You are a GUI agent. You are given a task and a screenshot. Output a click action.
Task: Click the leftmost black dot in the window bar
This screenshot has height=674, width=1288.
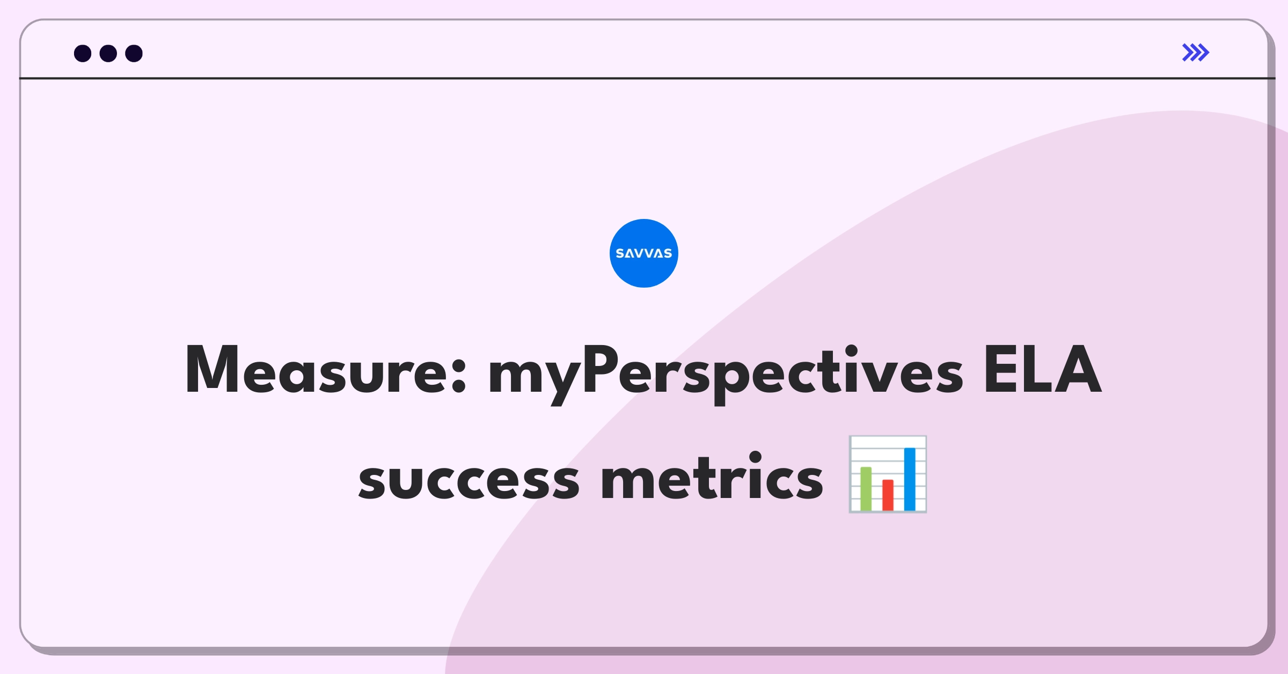point(83,53)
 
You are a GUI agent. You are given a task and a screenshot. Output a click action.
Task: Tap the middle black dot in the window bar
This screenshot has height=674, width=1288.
point(108,53)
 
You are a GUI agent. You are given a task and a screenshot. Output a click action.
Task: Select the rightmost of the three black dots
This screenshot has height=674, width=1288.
point(134,53)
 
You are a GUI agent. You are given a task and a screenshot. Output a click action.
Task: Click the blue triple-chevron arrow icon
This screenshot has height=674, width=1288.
point(1196,53)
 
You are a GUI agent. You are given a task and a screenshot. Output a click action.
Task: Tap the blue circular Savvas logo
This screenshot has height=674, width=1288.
point(644,253)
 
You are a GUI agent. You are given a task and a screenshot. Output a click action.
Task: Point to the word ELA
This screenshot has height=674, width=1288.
point(1042,369)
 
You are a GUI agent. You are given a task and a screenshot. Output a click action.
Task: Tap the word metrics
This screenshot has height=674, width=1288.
point(712,475)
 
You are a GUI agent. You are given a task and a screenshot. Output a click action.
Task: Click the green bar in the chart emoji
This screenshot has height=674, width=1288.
point(866,489)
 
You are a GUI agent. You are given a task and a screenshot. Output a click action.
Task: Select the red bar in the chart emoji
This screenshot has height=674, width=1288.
point(888,495)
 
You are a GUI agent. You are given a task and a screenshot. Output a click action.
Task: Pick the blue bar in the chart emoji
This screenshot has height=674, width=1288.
point(910,479)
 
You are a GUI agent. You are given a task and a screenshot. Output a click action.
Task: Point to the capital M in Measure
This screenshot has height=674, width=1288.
point(212,369)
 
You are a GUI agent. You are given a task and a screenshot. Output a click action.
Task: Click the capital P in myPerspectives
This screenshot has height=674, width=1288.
point(599,369)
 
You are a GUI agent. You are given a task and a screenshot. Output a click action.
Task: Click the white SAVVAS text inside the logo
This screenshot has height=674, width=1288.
point(644,253)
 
